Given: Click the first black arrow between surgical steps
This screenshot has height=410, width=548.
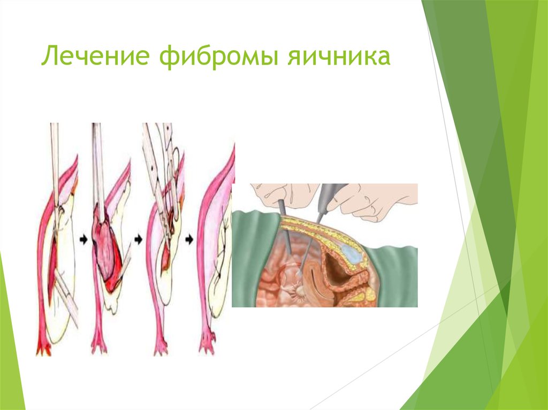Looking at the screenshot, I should pos(82,241).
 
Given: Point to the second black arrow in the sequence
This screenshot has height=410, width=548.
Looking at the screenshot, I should pos(139,241).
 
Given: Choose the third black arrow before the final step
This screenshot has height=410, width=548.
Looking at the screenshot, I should pos(189,241).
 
